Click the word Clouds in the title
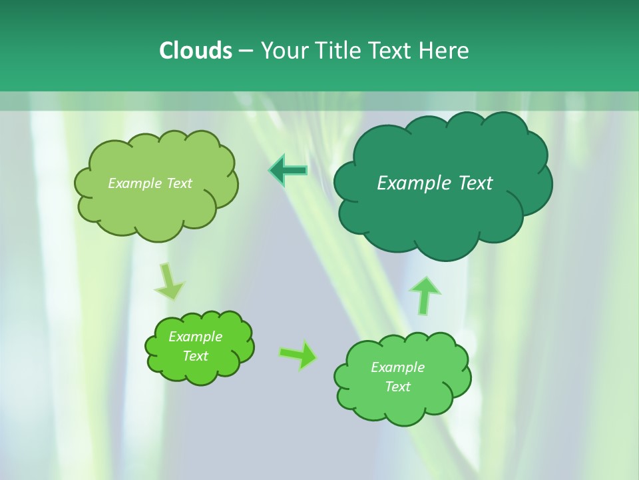(195, 51)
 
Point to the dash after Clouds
(246, 51)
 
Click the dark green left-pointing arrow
(288, 171)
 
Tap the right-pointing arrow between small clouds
(298, 355)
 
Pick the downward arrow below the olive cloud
(169, 281)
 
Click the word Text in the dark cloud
(475, 183)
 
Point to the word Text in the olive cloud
(179, 183)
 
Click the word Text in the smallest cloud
(196, 356)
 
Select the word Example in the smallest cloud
(196, 337)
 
